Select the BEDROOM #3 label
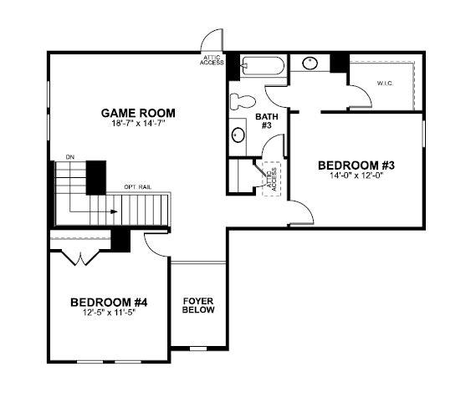pos(356,165)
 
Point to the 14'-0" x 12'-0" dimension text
pos(356,177)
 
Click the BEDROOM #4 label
pos(109,302)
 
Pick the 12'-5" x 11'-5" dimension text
pos(109,313)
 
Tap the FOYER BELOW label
pos(198,304)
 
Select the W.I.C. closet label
pos(386,84)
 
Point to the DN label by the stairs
pos(69,156)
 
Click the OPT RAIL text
pos(137,186)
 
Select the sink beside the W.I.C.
pos(310,63)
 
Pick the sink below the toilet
pos(238,135)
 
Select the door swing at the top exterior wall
pos(213,41)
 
